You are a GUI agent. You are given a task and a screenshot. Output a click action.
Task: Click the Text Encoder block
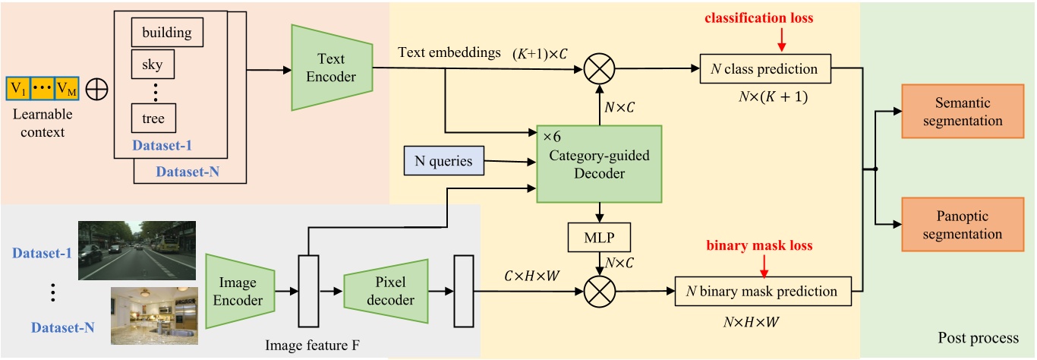click(x=331, y=66)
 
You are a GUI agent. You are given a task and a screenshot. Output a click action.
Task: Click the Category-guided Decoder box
click(x=599, y=163)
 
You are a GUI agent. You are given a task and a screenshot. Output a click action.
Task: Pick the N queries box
click(x=444, y=160)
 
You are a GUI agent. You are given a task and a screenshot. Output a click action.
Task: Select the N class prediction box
click(x=765, y=69)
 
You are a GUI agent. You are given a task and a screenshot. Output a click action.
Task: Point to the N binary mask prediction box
click(x=768, y=291)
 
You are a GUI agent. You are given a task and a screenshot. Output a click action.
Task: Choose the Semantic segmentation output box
click(x=957, y=112)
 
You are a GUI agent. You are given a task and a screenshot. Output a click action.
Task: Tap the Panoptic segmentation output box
click(x=957, y=224)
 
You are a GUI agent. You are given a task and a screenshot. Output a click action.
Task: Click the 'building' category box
click(x=166, y=33)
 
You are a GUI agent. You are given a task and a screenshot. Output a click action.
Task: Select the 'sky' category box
click(x=153, y=65)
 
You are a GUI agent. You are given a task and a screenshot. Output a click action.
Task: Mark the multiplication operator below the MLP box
click(x=600, y=291)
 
